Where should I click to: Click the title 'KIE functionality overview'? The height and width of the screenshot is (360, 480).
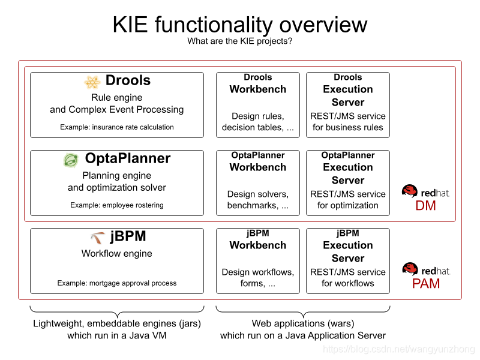coord(240,25)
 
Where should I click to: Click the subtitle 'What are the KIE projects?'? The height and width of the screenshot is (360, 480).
coord(240,41)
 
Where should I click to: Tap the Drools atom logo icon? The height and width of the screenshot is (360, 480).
coord(92,82)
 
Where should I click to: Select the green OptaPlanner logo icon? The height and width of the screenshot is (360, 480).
coord(71,160)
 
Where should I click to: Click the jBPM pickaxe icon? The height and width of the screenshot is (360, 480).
coord(97,238)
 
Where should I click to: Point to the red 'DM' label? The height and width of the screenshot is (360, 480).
coord(425,206)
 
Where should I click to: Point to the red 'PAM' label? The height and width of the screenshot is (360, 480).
coord(425,283)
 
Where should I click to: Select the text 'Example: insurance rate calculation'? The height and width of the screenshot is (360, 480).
coord(117,127)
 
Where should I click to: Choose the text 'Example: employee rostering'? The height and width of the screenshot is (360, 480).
coord(117,205)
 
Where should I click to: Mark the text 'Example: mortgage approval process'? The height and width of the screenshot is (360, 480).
coord(117,283)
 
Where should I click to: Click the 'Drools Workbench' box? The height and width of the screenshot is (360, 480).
coord(258,105)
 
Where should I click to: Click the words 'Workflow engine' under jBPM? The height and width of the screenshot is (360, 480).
coord(117,254)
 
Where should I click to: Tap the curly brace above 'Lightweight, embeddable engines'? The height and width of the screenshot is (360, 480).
coord(117,310)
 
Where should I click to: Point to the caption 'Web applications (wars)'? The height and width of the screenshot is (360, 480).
coord(303,324)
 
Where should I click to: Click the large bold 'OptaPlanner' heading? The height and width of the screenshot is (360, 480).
coord(127,158)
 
